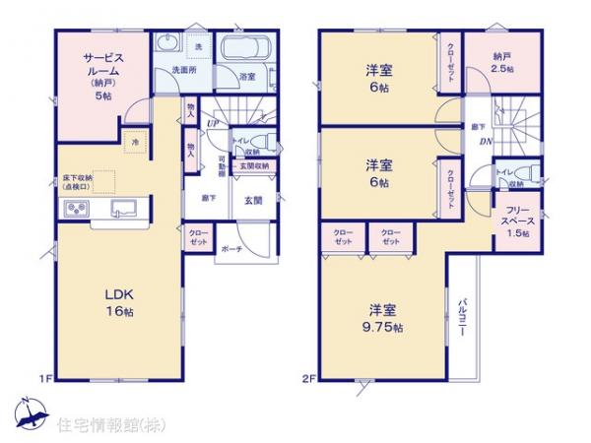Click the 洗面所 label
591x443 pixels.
[x=182, y=71]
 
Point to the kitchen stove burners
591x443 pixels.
[x=76, y=208]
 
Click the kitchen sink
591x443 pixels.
[x=123, y=208]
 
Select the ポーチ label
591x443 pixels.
[x=232, y=248]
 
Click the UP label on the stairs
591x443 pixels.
[x=213, y=122]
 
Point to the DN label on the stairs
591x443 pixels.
[x=487, y=141]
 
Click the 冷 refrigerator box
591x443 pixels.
[x=135, y=144]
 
